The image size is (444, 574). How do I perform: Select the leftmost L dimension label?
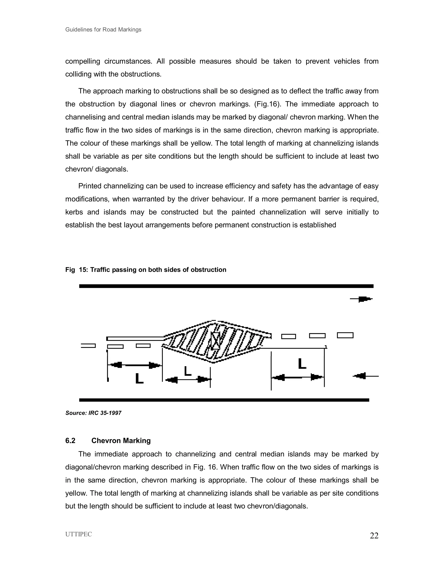click(139, 379)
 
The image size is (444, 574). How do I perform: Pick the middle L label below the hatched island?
click(188, 371)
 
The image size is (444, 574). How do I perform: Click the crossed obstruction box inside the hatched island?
click(216, 341)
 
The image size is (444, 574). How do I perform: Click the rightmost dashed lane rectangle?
click(345, 335)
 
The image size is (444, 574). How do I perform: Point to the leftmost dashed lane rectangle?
click(88, 346)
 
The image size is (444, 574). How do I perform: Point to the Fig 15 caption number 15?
click(84, 270)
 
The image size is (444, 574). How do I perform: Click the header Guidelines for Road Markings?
click(103, 29)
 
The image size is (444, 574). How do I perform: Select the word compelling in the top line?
click(83, 61)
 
